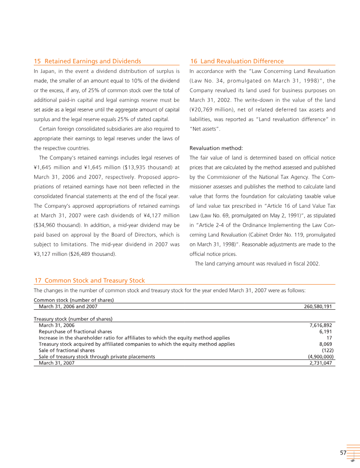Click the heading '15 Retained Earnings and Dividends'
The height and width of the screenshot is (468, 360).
88,61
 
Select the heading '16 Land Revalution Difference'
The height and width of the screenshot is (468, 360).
237,61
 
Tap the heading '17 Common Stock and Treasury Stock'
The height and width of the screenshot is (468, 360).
90,281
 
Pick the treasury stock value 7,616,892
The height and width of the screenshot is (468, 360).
321,325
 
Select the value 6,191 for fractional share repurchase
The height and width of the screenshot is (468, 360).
325,331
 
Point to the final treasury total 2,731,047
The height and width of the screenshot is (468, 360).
321,363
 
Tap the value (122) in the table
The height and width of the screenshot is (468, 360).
327,350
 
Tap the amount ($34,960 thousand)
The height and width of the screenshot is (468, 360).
58,225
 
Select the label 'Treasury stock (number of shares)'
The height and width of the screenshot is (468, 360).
73,319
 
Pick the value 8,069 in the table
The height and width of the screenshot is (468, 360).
325,344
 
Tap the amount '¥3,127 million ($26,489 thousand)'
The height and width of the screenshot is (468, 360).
74,254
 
